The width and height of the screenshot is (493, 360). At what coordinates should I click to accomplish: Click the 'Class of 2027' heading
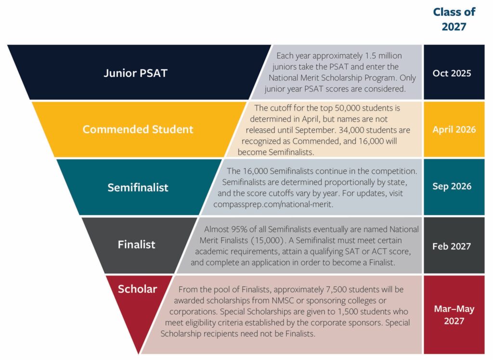[x=454, y=19]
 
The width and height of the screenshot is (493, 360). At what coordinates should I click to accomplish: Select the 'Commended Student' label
[x=138, y=129]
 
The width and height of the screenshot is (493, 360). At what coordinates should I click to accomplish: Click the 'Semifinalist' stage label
[x=138, y=187]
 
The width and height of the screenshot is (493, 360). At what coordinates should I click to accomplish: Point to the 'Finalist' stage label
[x=136, y=244]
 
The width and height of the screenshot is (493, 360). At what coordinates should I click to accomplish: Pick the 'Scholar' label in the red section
[x=137, y=289]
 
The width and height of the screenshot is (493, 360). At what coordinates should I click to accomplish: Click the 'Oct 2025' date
[x=452, y=74]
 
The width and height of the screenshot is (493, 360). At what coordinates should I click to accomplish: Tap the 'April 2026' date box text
[x=454, y=129]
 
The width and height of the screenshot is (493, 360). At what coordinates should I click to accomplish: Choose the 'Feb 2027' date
[x=452, y=246]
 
